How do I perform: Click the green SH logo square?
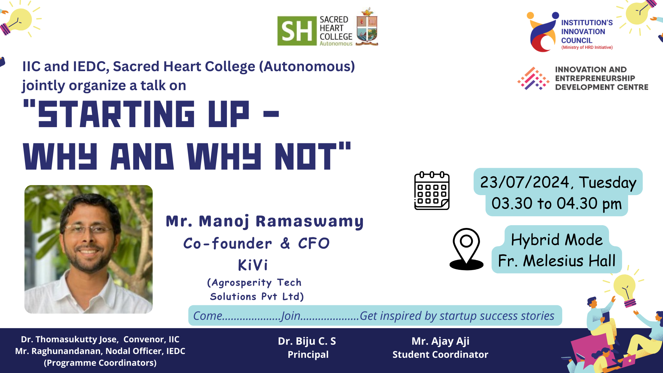[297, 31]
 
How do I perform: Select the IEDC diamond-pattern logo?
[534, 78]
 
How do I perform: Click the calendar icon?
[432, 191]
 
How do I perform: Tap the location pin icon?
[467, 249]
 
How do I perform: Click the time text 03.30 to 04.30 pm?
[557, 203]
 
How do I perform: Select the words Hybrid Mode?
[557, 240]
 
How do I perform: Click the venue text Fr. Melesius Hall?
[557, 261]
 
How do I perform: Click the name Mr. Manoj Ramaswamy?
[265, 221]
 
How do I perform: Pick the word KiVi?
[253, 265]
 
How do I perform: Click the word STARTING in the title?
[116, 114]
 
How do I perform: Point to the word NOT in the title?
[306, 156]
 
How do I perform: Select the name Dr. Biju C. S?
[307, 341]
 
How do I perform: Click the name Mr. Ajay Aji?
[440, 341]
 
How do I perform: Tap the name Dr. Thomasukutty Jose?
[70, 339]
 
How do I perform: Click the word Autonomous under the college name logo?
[336, 44]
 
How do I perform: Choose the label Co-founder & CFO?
[256, 243]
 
